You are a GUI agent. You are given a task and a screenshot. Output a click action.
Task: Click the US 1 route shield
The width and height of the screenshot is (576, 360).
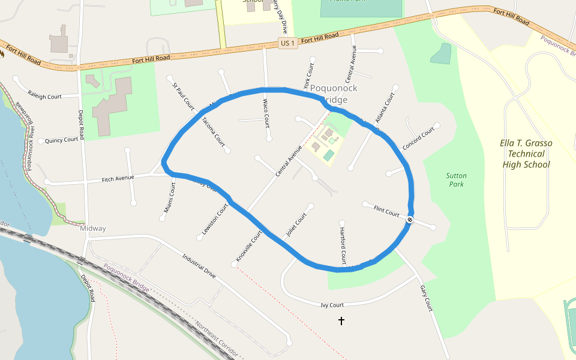click(287, 43)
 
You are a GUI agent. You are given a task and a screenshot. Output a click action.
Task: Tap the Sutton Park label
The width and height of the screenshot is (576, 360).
click(457, 180)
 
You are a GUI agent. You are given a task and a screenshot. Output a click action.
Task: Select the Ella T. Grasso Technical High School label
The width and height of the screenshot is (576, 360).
click(526, 154)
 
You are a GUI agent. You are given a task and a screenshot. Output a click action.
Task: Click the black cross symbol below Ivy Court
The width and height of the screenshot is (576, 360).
click(341, 321)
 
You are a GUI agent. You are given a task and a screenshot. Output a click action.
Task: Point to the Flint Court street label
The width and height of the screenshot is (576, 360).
click(386, 211)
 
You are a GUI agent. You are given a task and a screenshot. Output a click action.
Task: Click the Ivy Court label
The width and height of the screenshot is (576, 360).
click(332, 305)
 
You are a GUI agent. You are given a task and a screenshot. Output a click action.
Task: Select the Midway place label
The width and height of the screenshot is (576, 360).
click(93, 229)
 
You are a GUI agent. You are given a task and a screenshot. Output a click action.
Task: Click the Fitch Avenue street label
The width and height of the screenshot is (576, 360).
click(118, 179)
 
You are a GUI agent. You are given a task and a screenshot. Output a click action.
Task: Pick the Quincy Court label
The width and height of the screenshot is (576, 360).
click(62, 140)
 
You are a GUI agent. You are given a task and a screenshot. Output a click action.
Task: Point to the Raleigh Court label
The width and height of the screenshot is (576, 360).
click(45, 95)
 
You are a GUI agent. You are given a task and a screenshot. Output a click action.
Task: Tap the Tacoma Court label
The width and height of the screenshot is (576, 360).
click(212, 131)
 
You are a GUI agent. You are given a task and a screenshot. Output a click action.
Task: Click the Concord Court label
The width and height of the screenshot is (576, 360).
click(418, 139)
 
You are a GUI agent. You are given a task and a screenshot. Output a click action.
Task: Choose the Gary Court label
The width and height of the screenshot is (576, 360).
click(425, 298)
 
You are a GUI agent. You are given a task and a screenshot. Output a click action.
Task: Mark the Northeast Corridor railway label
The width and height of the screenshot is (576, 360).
click(216, 340)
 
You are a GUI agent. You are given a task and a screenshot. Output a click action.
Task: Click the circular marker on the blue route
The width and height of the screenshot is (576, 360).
click(410, 220)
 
